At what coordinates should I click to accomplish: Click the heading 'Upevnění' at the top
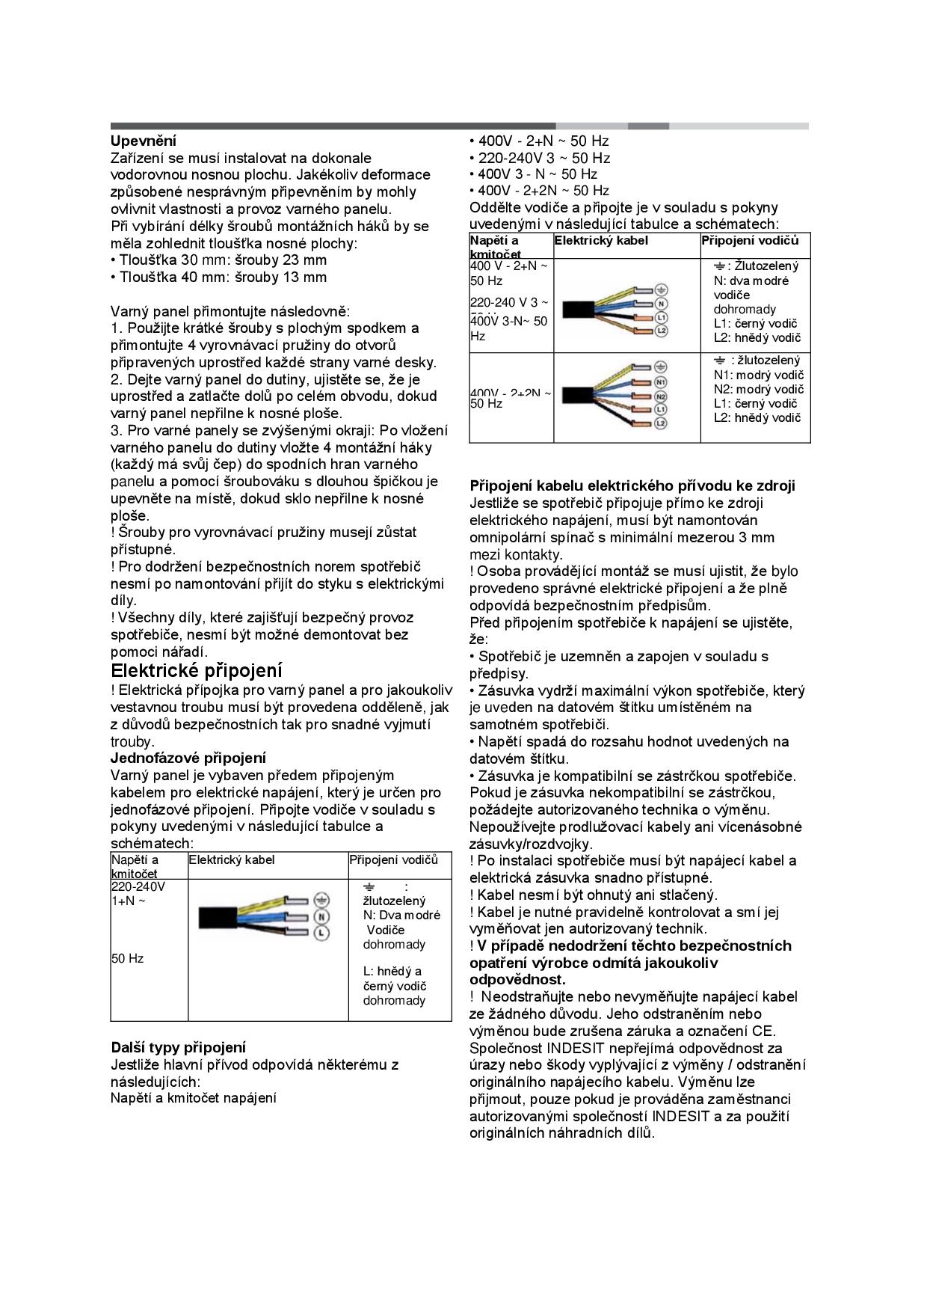[x=144, y=141]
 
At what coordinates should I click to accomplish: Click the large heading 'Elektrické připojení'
[x=197, y=669]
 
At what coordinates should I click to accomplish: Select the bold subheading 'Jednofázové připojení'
[x=188, y=758]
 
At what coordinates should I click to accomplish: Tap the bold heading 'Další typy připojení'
[x=179, y=1047]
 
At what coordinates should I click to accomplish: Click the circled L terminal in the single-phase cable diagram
[x=321, y=932]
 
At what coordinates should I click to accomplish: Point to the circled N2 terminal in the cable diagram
[x=660, y=396]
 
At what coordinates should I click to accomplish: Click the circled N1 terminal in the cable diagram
[x=660, y=381]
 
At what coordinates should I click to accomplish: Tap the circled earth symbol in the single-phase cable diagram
[x=321, y=899]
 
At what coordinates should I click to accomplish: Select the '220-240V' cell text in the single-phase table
[x=138, y=887]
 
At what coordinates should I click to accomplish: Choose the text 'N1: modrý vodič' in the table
[x=758, y=375]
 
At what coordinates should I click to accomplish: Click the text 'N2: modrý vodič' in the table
[x=758, y=389]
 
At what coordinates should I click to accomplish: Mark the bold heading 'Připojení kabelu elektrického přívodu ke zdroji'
[x=632, y=485]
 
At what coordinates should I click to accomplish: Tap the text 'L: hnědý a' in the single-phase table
[x=392, y=971]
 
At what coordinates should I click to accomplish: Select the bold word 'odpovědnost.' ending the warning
[x=517, y=979]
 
